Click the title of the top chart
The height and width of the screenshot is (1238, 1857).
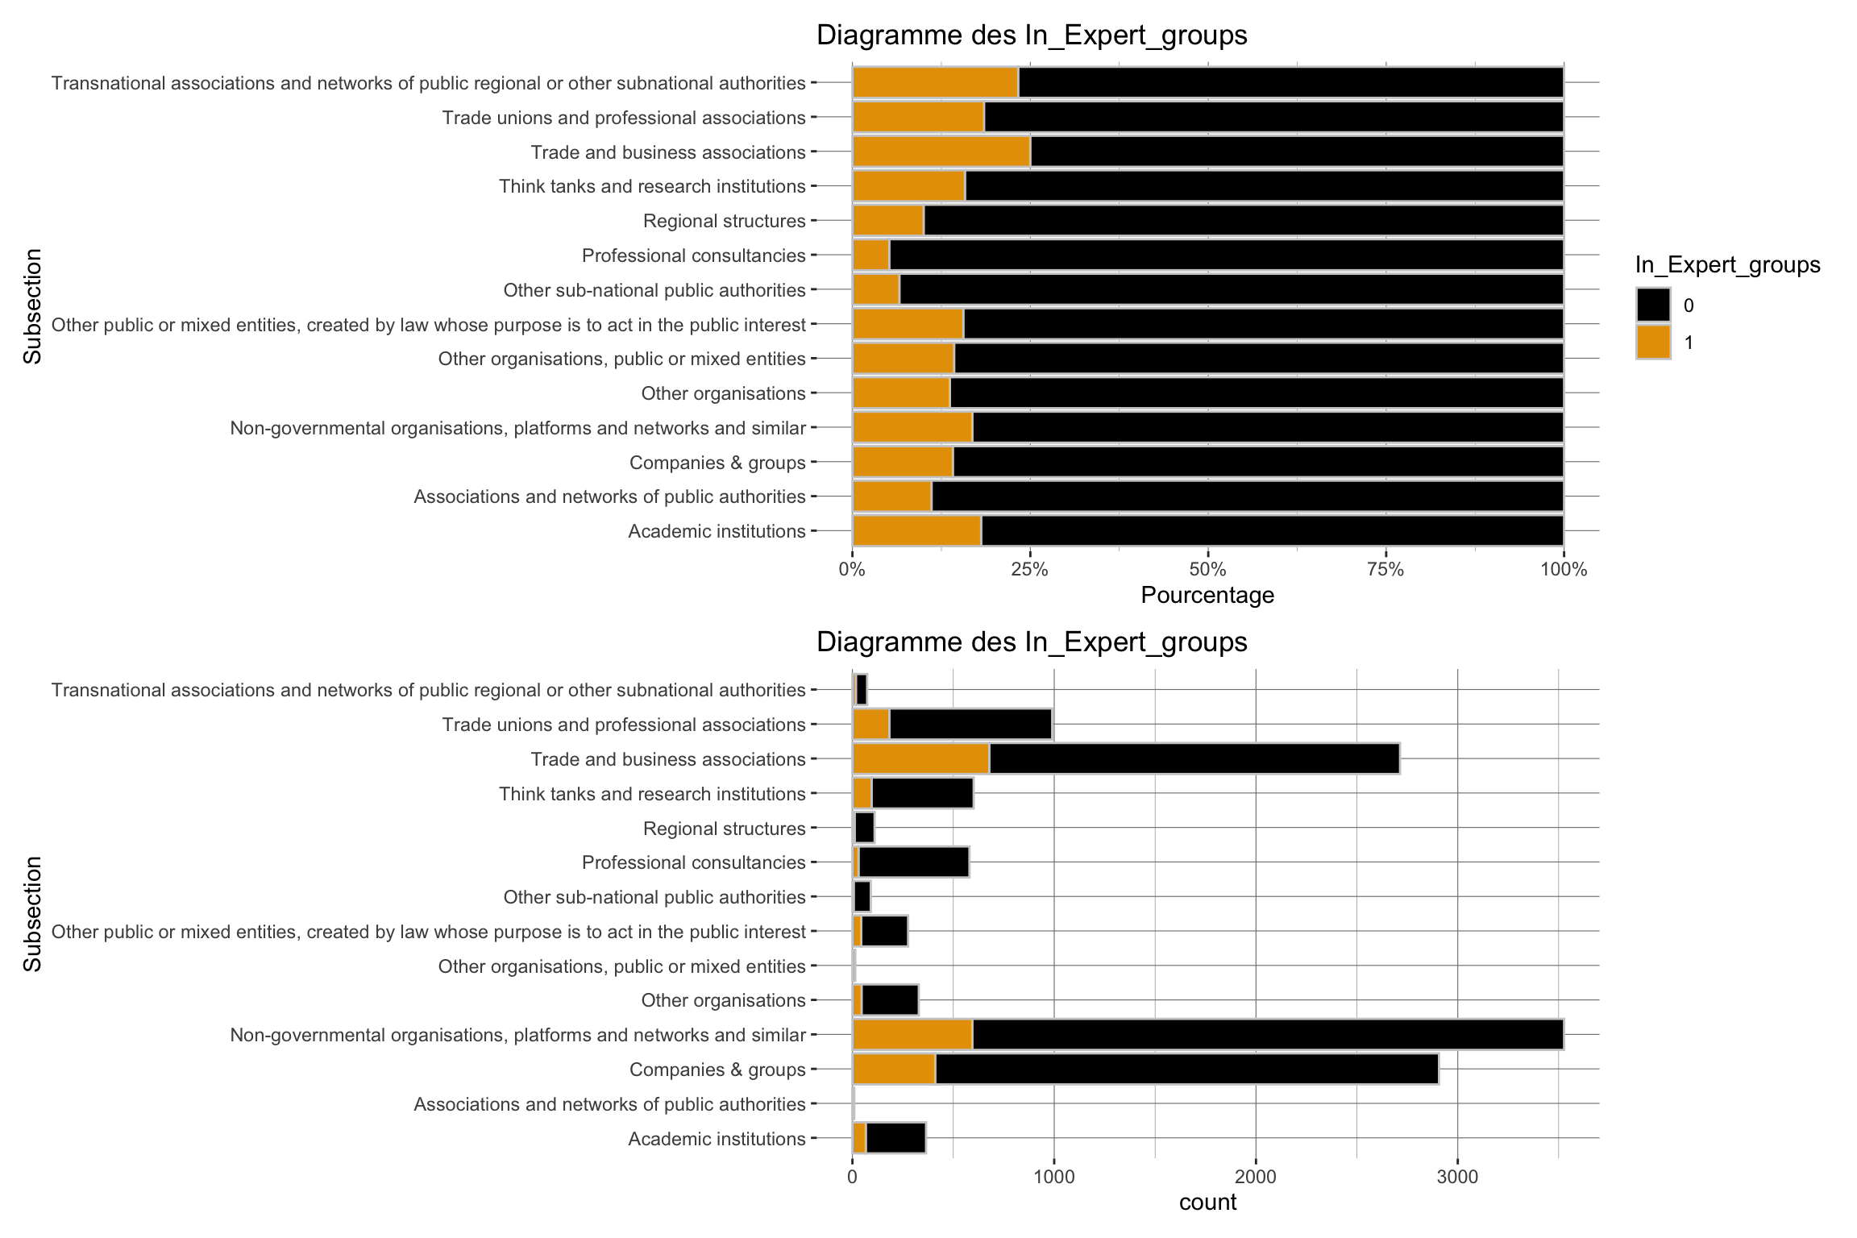pyautogui.click(x=1032, y=35)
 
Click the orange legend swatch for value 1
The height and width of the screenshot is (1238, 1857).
pyautogui.click(x=1653, y=342)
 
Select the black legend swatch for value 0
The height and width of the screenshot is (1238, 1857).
pyautogui.click(x=1653, y=305)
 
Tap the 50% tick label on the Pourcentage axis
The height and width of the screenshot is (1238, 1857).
pyautogui.click(x=1207, y=570)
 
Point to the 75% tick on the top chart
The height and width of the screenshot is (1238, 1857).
pyautogui.click(x=1385, y=570)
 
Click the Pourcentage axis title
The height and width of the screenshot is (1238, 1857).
pyautogui.click(x=1207, y=596)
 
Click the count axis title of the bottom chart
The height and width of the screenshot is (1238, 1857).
pyautogui.click(x=1207, y=1203)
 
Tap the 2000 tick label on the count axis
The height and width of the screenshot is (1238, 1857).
pyautogui.click(x=1256, y=1177)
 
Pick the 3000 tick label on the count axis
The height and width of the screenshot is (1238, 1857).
pyautogui.click(x=1457, y=1177)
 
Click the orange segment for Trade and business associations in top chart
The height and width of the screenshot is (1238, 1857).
pyautogui.click(x=941, y=152)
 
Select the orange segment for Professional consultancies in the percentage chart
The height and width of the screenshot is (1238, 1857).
pyautogui.click(x=871, y=255)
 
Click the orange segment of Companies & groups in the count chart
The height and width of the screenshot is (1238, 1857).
pyautogui.click(x=894, y=1070)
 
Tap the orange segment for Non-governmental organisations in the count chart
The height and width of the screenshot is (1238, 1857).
pyautogui.click(x=912, y=1035)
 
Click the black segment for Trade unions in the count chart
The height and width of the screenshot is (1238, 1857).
pyautogui.click(x=970, y=725)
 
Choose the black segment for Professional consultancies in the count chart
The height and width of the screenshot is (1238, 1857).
pyautogui.click(x=913, y=862)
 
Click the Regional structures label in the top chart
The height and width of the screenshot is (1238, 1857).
pyautogui.click(x=724, y=221)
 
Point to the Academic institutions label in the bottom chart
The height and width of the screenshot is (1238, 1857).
pyautogui.click(x=717, y=1139)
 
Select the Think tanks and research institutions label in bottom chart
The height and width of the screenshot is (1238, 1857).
pyautogui.click(x=652, y=794)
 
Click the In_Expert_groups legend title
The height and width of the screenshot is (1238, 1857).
pyautogui.click(x=1727, y=265)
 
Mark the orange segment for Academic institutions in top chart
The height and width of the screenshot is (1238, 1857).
pyautogui.click(x=916, y=531)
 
